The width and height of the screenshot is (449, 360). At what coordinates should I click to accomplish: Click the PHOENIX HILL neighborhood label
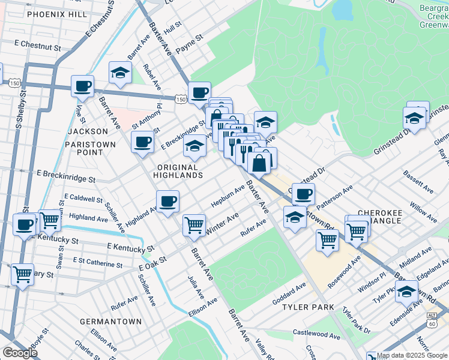point(56,14)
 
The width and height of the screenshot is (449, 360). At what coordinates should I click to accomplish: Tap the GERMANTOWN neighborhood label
point(111,322)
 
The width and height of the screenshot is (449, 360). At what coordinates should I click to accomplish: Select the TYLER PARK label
point(307,307)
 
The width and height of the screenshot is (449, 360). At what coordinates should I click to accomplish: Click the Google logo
point(20,353)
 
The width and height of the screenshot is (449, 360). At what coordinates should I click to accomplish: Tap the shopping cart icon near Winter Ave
point(194,225)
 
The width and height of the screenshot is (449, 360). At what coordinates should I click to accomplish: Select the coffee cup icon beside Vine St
point(82,85)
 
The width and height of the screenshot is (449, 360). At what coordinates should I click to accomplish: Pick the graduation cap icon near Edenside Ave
point(407,292)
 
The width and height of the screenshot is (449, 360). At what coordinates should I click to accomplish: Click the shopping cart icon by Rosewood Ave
point(327,239)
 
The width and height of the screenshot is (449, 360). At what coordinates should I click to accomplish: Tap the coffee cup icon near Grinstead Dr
point(304,194)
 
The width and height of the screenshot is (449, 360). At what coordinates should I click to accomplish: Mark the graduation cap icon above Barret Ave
point(120,72)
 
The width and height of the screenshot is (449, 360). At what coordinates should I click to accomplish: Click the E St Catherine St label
point(97,262)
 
